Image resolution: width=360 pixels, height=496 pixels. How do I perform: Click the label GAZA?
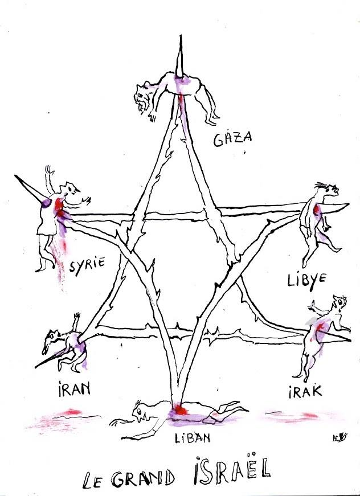tap(232, 139)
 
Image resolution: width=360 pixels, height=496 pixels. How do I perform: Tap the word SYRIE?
tap(87, 266)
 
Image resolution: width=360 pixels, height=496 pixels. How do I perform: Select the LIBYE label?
tap(307, 280)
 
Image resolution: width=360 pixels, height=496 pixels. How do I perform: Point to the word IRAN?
tap(75, 389)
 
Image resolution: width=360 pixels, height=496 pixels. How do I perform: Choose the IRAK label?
tap(305, 391)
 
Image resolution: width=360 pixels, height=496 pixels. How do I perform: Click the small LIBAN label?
tap(193, 438)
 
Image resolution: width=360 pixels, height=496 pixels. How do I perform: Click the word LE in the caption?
tap(92, 481)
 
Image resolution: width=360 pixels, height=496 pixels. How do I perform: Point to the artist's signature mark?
tap(340, 438)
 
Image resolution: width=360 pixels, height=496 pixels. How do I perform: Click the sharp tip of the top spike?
tap(181, 35)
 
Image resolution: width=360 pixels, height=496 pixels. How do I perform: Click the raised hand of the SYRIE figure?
tap(48, 169)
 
